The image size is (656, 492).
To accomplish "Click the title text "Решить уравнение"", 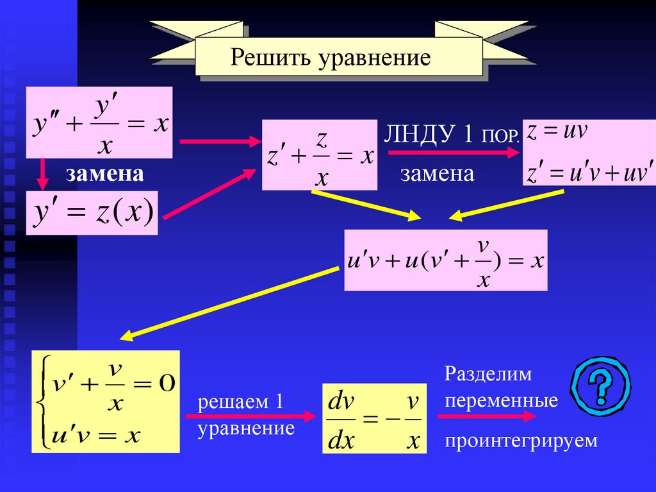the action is coord(331,58).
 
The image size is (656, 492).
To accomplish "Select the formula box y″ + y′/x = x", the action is coord(99,123).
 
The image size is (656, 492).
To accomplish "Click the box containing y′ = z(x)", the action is coord(92,213).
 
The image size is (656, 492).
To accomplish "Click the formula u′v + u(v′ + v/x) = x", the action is coord(446,260).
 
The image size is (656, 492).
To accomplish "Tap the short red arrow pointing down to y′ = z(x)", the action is coord(42,174).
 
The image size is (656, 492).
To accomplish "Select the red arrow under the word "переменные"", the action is coord(486,416).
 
